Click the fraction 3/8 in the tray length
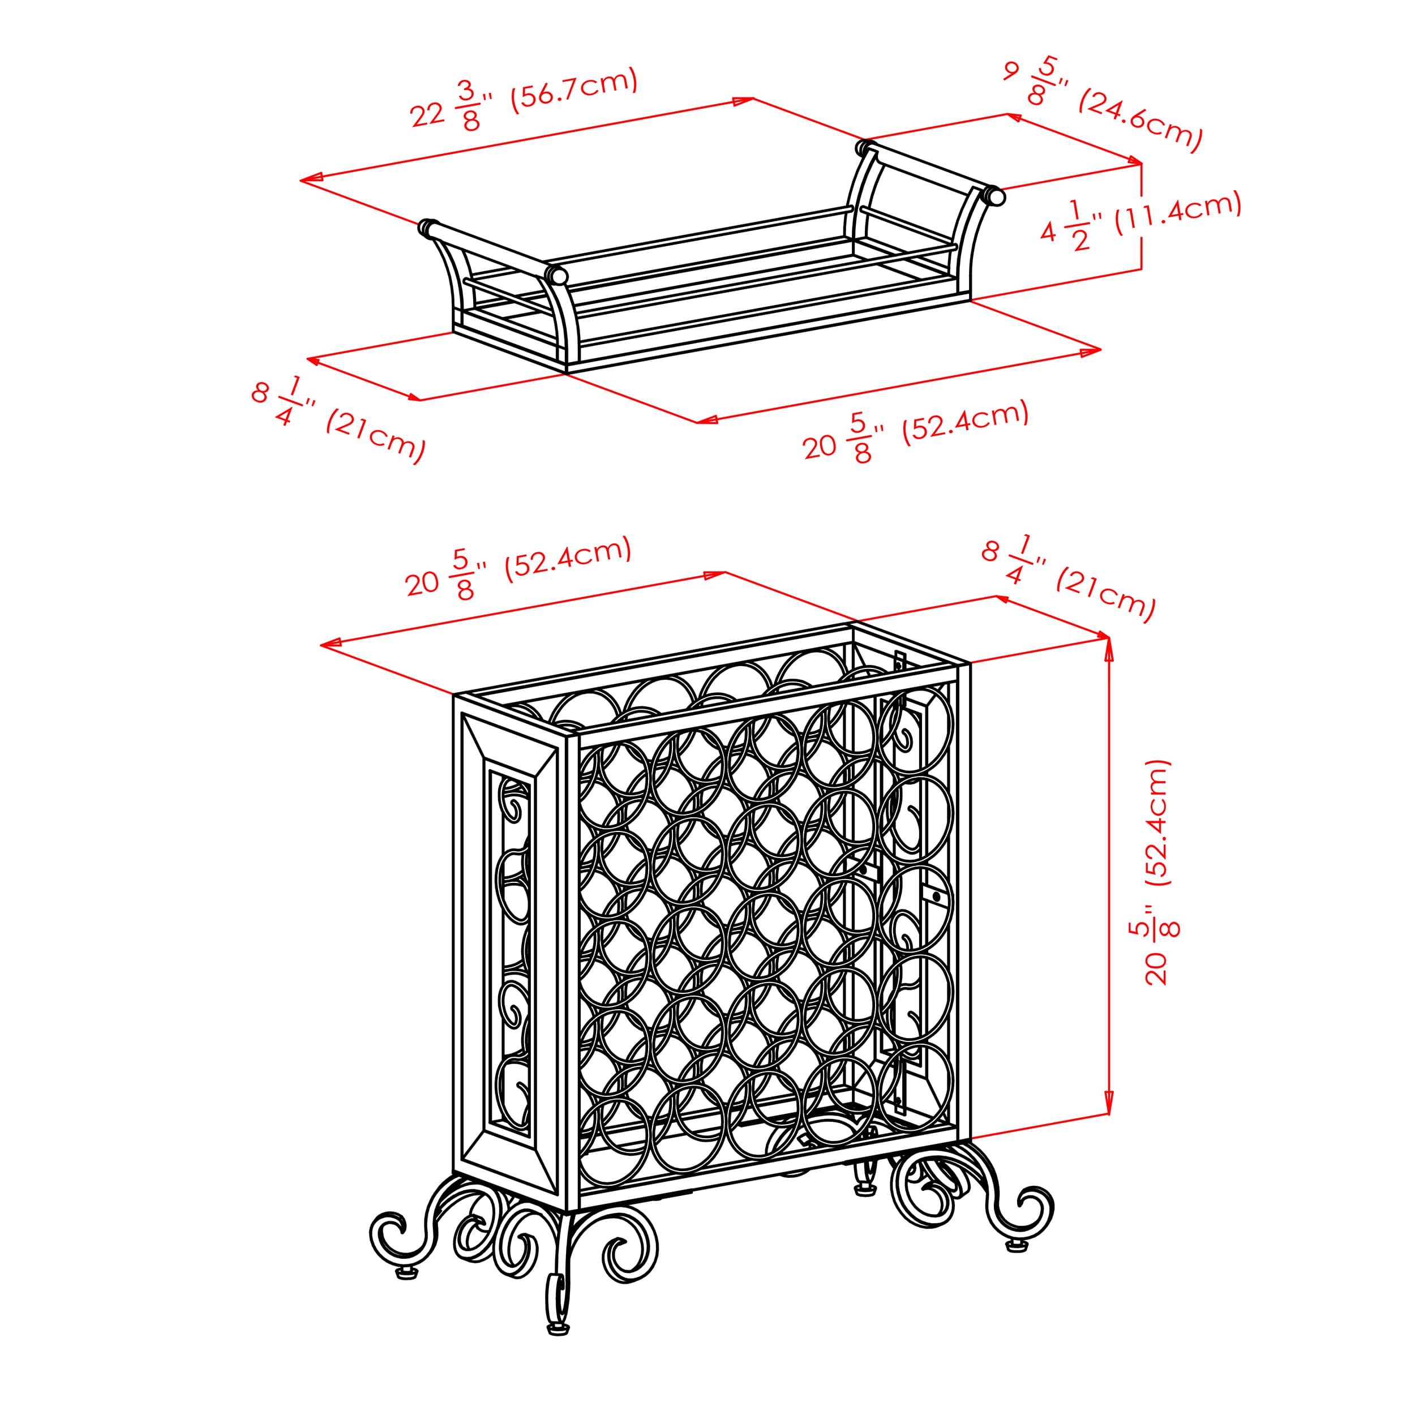469,105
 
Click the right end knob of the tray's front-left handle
556,276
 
